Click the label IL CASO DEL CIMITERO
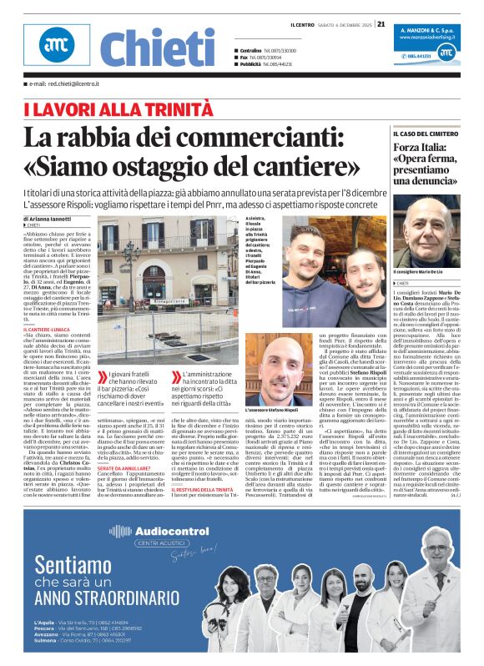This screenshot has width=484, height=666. tap(426, 133)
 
